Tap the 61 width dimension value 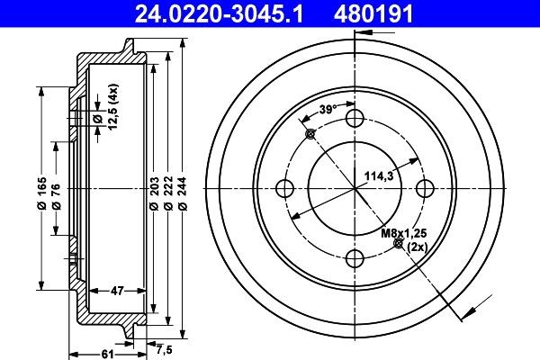pyautogui.click(x=106, y=353)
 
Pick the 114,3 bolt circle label pyautogui.click(x=377, y=176)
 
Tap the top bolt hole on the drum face pyautogui.click(x=356, y=118)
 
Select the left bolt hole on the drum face pyautogui.click(x=286, y=188)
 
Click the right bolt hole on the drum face pyautogui.click(x=427, y=188)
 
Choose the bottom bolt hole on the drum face pyautogui.click(x=356, y=258)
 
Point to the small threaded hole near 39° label pyautogui.click(x=311, y=134)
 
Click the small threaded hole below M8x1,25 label pyautogui.click(x=399, y=244)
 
